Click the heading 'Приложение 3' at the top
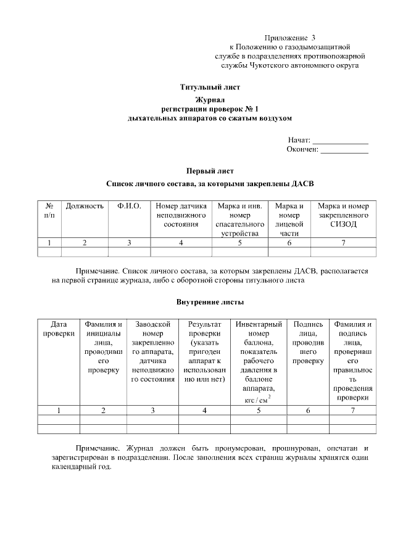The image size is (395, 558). [289, 38]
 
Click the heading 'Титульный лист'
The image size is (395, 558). [210, 87]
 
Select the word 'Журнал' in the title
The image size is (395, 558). [210, 99]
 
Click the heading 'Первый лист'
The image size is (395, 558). [210, 171]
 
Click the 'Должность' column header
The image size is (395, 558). [85, 206]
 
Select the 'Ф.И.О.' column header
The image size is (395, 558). [129, 206]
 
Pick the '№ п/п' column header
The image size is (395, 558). [49, 210]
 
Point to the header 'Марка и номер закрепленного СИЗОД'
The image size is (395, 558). [343, 215]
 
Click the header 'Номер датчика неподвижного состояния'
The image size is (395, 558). [181, 215]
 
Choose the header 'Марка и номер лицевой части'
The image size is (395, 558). [289, 220]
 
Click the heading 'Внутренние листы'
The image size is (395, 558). [210, 302]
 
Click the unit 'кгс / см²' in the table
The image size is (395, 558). [254, 400]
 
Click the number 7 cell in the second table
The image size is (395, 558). [352, 410]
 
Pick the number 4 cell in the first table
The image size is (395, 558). [181, 242]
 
